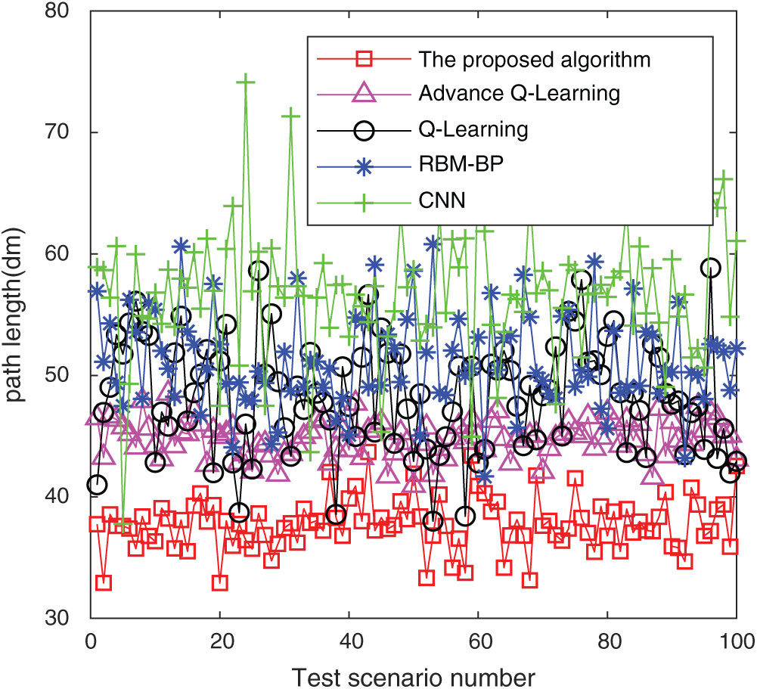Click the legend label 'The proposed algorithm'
point(534,58)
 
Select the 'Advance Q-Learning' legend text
point(519,94)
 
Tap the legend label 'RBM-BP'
point(460,165)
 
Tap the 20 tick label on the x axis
point(220,641)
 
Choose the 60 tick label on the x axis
point(478,641)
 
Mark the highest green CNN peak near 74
point(246,82)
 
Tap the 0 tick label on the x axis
point(91,641)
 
